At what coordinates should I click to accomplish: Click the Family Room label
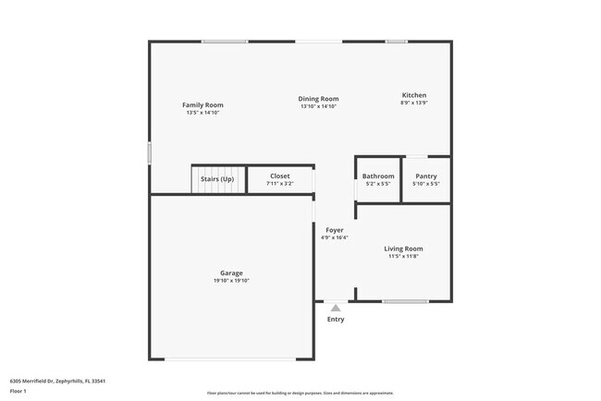pos(202,105)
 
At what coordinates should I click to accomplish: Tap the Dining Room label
pos(318,99)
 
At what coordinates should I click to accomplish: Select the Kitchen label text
pos(413,95)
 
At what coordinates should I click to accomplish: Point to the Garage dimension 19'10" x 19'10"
pos(231,280)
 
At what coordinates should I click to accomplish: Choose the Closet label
pos(279,176)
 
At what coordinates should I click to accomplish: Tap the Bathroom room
pos(378,179)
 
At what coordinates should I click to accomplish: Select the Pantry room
pos(426,179)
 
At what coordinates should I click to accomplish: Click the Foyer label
pos(334,230)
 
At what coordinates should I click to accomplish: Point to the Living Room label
pos(403,249)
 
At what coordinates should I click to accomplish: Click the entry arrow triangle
pos(335,308)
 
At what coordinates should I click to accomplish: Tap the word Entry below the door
pos(335,320)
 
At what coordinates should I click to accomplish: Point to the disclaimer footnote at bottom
pos(300,394)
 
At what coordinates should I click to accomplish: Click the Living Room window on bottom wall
pos(405,301)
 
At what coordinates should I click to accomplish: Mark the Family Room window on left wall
pos(150,153)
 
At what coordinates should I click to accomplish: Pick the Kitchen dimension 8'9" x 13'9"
pos(413,103)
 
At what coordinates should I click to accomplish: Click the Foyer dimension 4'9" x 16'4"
pos(334,237)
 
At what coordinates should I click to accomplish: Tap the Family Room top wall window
pos(225,41)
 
